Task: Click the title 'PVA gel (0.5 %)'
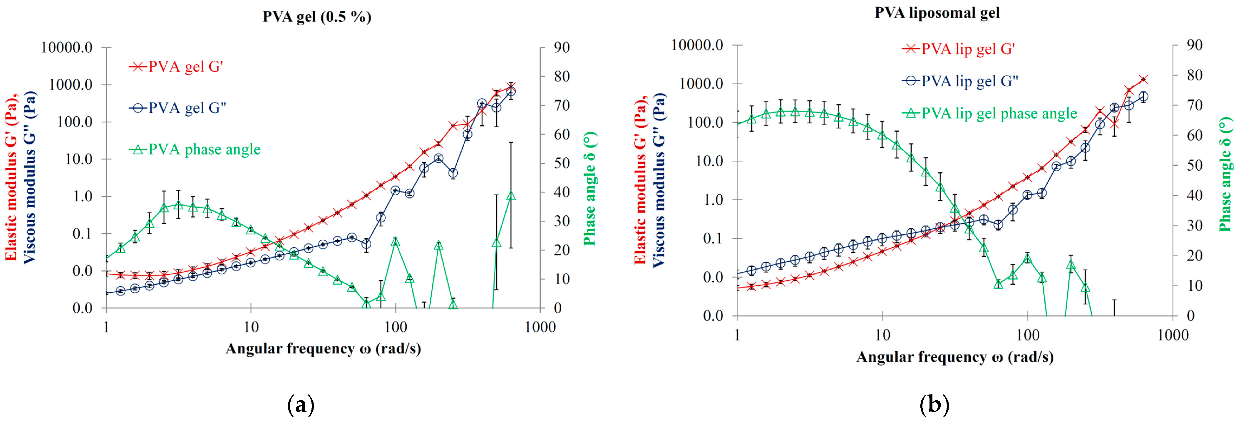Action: pyautogui.click(x=316, y=17)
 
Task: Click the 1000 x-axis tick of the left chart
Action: pyautogui.click(x=540, y=327)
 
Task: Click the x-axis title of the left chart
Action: pyautogui.click(x=323, y=348)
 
